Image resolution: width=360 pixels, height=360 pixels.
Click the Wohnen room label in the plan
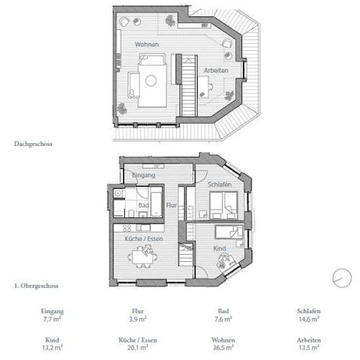click(x=147, y=45)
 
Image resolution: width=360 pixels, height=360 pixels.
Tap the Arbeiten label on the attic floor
click(x=216, y=70)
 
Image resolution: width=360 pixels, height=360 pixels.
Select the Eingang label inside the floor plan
click(x=144, y=175)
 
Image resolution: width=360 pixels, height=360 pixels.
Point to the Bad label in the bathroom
click(x=143, y=205)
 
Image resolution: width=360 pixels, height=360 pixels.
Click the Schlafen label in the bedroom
click(x=220, y=185)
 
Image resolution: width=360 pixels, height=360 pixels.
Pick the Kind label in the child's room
click(x=219, y=249)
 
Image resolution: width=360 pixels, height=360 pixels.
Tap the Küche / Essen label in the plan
click(x=144, y=239)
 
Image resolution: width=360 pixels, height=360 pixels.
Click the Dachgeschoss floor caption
click(x=33, y=144)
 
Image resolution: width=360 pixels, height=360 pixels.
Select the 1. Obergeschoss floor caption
click(x=36, y=286)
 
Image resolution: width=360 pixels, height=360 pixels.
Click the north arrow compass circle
click(x=342, y=278)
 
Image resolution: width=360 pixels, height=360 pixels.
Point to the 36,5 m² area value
click(x=223, y=348)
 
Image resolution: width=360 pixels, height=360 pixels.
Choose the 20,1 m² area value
click(x=137, y=348)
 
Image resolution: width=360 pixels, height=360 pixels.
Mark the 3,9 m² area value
click(x=137, y=319)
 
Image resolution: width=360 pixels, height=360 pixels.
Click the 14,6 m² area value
click(x=309, y=319)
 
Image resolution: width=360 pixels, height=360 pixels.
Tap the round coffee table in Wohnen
click(x=151, y=81)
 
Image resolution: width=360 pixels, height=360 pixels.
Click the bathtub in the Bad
click(x=156, y=204)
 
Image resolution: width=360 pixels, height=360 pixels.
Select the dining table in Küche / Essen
click(x=142, y=257)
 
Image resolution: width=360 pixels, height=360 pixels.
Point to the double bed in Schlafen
click(x=224, y=205)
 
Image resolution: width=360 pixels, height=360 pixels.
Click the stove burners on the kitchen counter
click(x=127, y=228)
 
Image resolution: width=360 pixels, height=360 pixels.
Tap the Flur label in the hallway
click(x=171, y=205)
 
